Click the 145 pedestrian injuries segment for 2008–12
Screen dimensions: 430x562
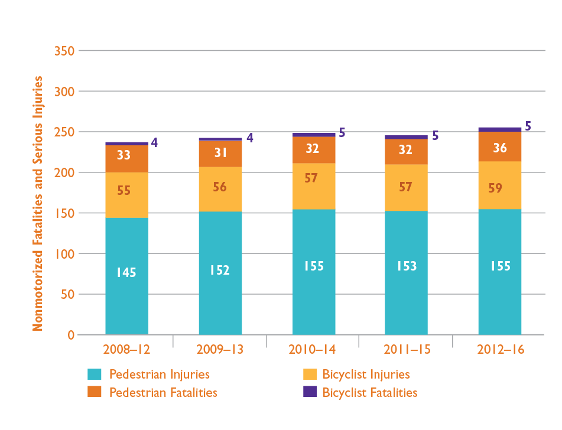coord(126,276)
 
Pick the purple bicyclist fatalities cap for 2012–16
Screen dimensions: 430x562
coord(500,129)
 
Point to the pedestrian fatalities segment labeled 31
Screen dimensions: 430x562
coord(220,154)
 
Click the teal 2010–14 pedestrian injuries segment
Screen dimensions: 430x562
coord(314,272)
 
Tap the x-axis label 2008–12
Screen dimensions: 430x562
coord(126,350)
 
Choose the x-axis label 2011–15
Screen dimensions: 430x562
coord(406,350)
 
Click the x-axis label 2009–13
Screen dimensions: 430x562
coord(220,350)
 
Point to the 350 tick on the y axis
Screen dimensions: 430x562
coord(64,51)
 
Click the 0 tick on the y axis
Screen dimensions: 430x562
coord(70,335)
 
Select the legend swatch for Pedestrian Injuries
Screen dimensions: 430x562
coord(95,374)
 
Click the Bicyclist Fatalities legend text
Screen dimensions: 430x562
coord(370,393)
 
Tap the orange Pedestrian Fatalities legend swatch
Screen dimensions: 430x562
coord(95,392)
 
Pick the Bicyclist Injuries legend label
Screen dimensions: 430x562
coord(366,374)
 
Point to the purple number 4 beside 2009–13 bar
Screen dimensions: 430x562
coord(250,138)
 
